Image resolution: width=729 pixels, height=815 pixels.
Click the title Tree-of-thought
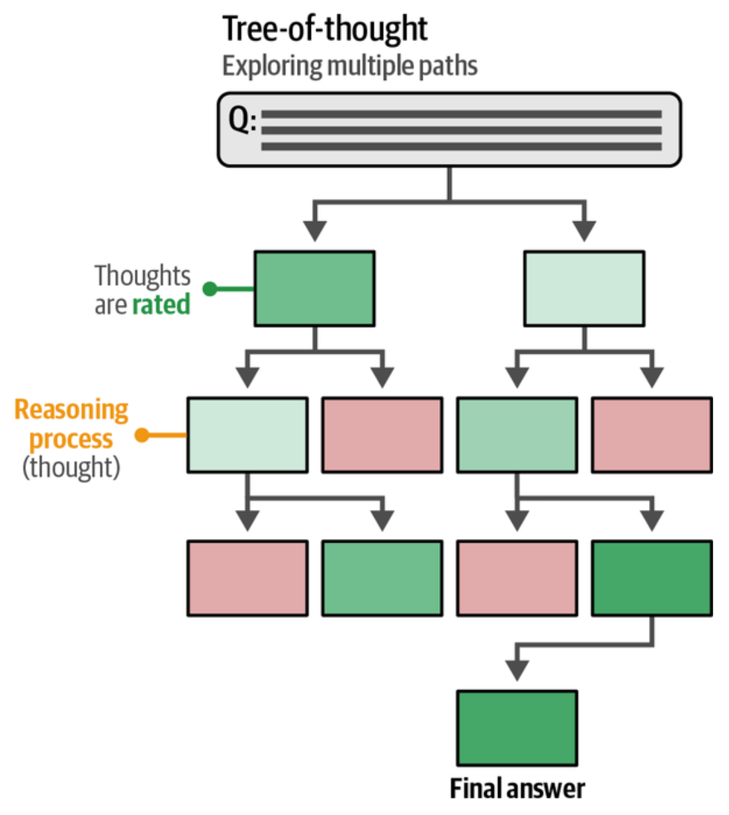pyautogui.click(x=325, y=29)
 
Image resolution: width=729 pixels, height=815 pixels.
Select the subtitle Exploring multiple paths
pyautogui.click(x=350, y=66)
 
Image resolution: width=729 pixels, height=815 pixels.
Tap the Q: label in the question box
pyautogui.click(x=242, y=120)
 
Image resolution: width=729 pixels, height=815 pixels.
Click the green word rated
pyautogui.click(x=161, y=304)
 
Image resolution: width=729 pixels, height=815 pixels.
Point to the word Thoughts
pyautogui.click(x=142, y=276)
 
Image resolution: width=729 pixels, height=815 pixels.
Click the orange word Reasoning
pyautogui.click(x=71, y=410)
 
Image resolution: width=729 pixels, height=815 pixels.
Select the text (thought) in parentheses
pyautogui.click(x=71, y=468)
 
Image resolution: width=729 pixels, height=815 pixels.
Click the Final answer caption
pyautogui.click(x=517, y=789)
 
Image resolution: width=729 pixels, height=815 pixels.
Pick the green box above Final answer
pyautogui.click(x=517, y=728)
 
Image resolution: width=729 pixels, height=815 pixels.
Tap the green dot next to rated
pyautogui.click(x=210, y=289)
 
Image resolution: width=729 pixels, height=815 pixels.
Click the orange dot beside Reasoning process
pyautogui.click(x=142, y=435)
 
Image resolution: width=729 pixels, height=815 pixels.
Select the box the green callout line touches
pyautogui.click(x=315, y=289)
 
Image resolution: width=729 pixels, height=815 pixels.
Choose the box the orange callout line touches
pyautogui.click(x=247, y=435)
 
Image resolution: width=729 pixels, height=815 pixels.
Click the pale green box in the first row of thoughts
pyautogui.click(x=584, y=289)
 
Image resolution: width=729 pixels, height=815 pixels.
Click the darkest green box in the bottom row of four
pyautogui.click(x=652, y=578)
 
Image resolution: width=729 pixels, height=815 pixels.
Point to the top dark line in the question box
pyautogui.click(x=462, y=114)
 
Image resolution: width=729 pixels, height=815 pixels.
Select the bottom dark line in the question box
pyautogui.click(x=462, y=146)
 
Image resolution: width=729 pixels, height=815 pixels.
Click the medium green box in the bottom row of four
pyautogui.click(x=382, y=578)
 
